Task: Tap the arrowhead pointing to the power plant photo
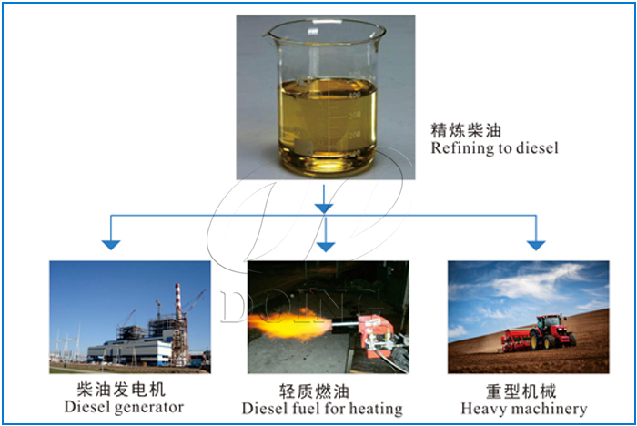click(111, 243)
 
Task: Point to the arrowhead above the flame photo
click(325, 244)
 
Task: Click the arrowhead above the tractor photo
click(536, 243)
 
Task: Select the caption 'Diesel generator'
click(124, 407)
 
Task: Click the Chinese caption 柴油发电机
click(123, 389)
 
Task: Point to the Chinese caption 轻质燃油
click(325, 389)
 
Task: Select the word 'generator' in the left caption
click(150, 407)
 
